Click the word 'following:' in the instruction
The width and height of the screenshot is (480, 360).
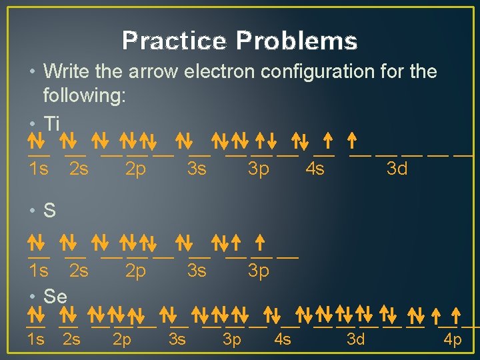84,96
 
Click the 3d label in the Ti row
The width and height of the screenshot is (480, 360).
397,169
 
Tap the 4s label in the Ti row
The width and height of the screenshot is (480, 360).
315,169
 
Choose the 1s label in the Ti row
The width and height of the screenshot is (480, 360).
39,169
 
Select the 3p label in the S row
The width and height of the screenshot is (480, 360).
258,271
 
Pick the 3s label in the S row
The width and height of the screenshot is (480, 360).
197,271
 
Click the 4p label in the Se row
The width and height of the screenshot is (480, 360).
453,340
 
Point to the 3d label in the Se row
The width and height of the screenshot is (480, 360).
356,340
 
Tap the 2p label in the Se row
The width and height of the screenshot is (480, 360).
122,340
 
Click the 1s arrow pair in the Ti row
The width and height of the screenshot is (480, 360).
36,140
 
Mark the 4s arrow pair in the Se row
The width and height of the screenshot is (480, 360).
273,313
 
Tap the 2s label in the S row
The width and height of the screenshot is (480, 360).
79,271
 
